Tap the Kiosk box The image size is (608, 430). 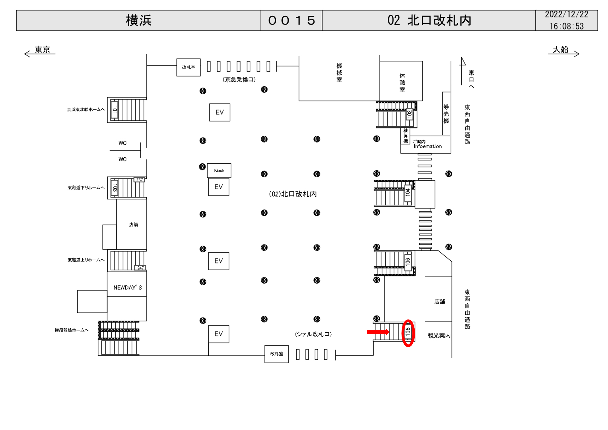tap(219, 170)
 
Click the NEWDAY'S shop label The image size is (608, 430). tap(127, 288)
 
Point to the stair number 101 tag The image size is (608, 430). tap(114, 110)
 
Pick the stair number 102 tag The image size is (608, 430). tap(409, 114)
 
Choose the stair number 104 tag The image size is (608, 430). tap(408, 192)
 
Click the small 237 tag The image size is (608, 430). tap(140, 180)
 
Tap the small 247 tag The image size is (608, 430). tap(140, 268)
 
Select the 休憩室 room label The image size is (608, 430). tap(402, 83)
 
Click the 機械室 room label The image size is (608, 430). tap(339, 73)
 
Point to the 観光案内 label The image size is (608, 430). tap(439, 335)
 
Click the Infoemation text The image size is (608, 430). tap(427, 146)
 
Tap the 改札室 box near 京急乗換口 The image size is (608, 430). tap(188, 68)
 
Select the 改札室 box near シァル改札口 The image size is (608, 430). tap(276, 354)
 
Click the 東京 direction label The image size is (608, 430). tap(42, 50)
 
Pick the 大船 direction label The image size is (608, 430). tap(560, 50)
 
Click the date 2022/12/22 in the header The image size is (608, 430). tap(566, 15)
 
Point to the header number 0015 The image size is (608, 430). tap(291, 21)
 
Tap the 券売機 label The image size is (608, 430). tap(446, 114)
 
